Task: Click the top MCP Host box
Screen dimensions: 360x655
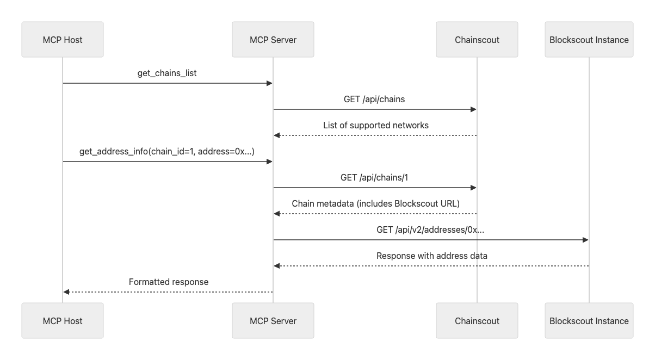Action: (x=63, y=40)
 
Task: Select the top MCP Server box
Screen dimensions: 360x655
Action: (x=273, y=40)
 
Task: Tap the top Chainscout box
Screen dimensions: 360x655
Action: (x=477, y=40)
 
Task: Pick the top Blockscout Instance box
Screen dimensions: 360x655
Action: (x=589, y=40)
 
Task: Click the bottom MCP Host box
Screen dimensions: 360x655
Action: (x=63, y=321)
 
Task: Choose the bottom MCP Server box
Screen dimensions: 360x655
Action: (x=273, y=321)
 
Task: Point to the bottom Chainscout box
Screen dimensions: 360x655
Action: (x=477, y=321)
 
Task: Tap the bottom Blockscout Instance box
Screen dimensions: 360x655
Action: (x=589, y=321)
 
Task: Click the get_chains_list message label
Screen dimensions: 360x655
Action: (x=167, y=73)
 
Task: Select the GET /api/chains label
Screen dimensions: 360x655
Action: (x=375, y=99)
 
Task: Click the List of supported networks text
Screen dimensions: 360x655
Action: (x=375, y=125)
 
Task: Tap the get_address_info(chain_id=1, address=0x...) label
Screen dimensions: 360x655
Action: (x=167, y=151)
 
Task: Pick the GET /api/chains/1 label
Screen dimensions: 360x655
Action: (x=375, y=177)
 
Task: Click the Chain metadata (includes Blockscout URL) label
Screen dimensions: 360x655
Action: (x=375, y=203)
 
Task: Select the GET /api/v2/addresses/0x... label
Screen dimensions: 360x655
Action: (x=430, y=229)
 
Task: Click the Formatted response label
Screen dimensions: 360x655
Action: (x=169, y=282)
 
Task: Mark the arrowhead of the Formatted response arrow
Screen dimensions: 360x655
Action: (x=66, y=292)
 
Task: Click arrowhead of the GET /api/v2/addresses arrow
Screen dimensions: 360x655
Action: (x=585, y=240)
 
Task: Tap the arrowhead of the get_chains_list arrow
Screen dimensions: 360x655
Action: (x=269, y=83)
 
